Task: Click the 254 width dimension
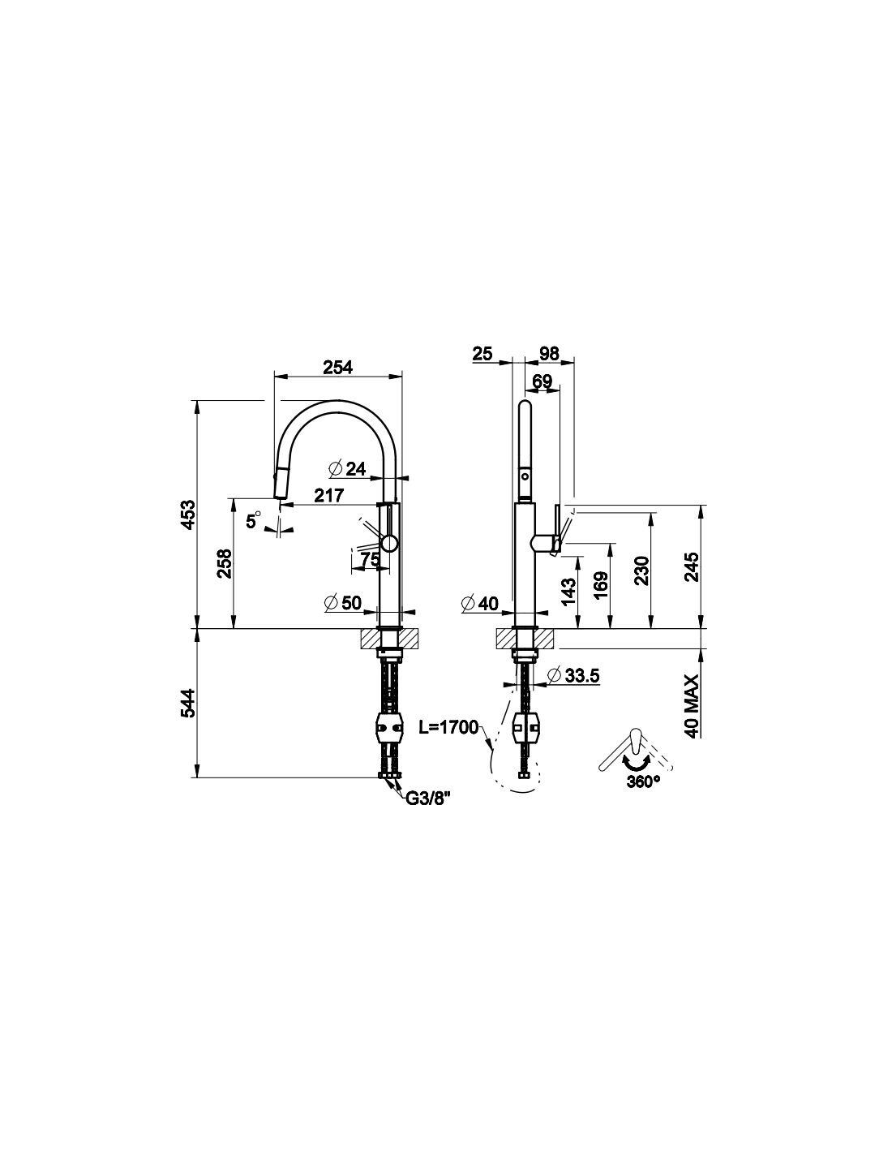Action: click(337, 367)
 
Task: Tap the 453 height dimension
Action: click(188, 514)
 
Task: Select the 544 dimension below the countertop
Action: click(188, 704)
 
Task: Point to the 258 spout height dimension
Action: click(225, 563)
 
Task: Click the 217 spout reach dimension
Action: click(329, 495)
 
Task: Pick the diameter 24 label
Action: click(347, 468)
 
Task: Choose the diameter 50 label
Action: click(342, 603)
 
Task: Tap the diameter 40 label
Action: click(480, 603)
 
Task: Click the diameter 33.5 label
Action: click(573, 675)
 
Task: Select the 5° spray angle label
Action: click(253, 520)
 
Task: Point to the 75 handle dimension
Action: click(371, 559)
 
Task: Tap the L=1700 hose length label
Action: click(449, 728)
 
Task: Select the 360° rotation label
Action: click(643, 782)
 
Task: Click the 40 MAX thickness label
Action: click(692, 706)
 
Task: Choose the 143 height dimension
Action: click(568, 592)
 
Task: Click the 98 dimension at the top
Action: click(549, 353)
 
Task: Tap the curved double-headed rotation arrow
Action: click(637, 763)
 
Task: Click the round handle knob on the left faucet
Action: click(389, 544)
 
